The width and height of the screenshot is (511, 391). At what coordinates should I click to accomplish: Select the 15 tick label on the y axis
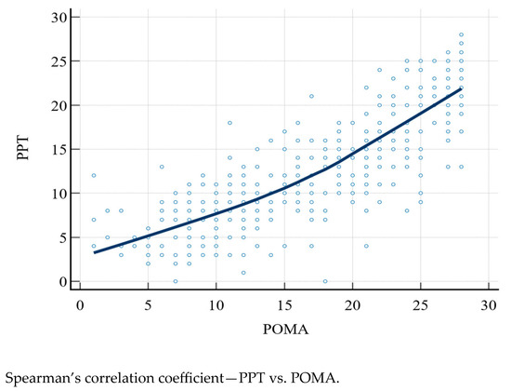[x=58, y=149]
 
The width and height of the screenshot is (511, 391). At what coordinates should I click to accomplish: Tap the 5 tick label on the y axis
[x=61, y=237]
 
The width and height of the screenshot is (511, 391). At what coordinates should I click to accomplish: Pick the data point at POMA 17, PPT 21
[x=312, y=96]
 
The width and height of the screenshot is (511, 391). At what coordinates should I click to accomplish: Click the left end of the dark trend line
[x=94, y=252]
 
